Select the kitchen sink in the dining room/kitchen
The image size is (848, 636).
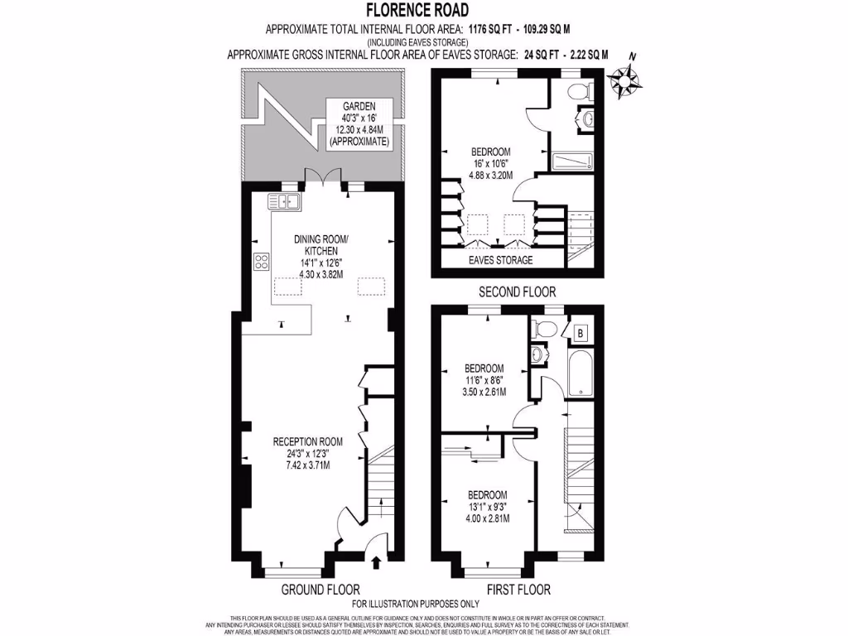click(283, 201)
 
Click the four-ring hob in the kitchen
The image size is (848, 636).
click(262, 262)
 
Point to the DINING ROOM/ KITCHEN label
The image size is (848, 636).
click(321, 245)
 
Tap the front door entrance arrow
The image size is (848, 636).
click(377, 563)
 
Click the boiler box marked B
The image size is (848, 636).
click(579, 334)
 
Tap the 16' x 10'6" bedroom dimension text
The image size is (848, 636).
click(490, 163)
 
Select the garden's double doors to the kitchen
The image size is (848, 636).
click(322, 176)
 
